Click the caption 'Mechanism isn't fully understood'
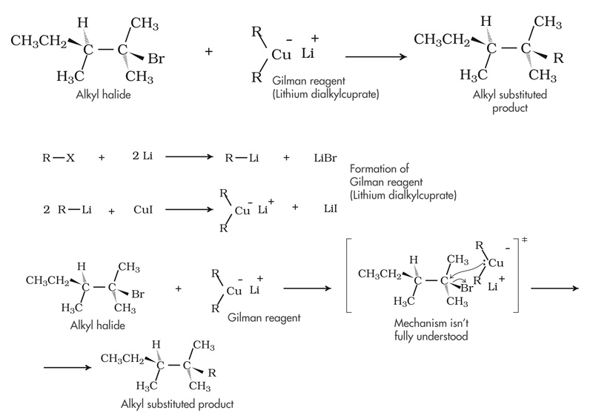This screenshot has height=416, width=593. point(428,330)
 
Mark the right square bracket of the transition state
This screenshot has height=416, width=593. point(522,284)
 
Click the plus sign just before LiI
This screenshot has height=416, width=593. point(296,208)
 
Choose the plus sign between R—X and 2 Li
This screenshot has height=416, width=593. point(101,158)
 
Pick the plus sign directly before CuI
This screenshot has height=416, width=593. point(112,211)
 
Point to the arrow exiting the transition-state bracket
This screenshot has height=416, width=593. point(554,288)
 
